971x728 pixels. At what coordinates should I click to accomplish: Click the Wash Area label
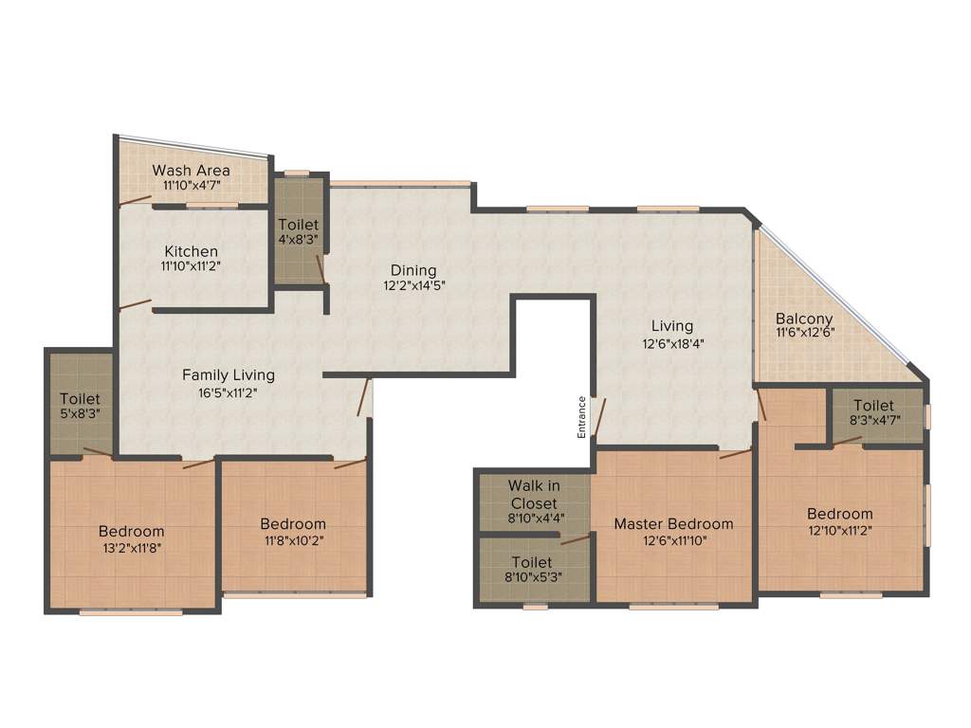point(192,171)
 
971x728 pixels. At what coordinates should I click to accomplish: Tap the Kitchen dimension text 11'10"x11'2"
point(192,266)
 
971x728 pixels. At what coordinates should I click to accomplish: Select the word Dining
point(411,269)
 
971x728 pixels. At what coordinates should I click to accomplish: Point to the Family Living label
point(229,374)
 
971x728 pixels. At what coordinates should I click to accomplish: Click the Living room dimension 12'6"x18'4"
point(672,343)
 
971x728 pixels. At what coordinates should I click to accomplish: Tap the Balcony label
point(804,318)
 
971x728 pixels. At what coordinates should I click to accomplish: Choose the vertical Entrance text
point(582,417)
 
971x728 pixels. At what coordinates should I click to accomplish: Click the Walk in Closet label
point(534,494)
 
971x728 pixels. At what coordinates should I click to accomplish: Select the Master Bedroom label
point(673,523)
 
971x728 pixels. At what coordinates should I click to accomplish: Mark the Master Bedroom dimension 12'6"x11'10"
point(673,540)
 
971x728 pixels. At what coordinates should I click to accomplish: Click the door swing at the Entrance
point(599,416)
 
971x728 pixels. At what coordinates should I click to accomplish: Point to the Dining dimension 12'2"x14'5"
point(411,285)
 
